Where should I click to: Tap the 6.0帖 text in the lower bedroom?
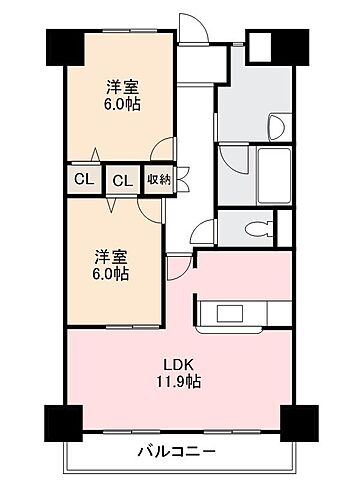click(x=112, y=273)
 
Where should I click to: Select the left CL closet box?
click(x=82, y=180)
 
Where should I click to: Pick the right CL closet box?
click(x=122, y=180)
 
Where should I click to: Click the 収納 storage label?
click(x=158, y=179)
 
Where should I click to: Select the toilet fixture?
click(x=265, y=226)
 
